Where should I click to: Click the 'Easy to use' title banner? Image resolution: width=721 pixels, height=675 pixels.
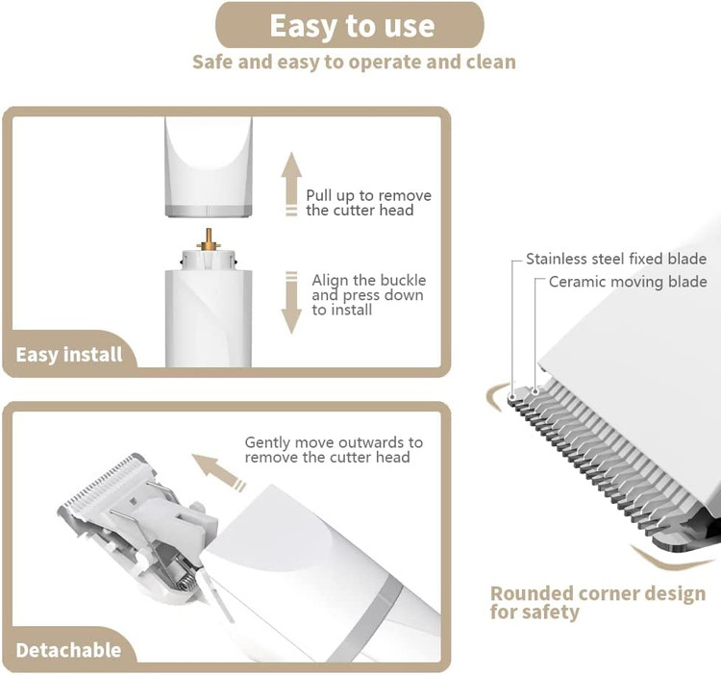[x=350, y=25]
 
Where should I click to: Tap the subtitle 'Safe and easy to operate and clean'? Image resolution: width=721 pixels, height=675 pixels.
[x=354, y=62]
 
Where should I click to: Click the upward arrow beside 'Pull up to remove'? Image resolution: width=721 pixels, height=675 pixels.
[x=291, y=184]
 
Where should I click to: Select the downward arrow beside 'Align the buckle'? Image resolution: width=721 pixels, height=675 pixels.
[x=291, y=303]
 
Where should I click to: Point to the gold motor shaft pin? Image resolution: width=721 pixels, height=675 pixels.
[x=209, y=239]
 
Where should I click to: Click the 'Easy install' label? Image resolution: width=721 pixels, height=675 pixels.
[x=69, y=355]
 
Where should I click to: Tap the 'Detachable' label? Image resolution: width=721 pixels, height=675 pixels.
[x=68, y=650]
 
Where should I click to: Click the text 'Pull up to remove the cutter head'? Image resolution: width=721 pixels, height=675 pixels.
[x=369, y=203]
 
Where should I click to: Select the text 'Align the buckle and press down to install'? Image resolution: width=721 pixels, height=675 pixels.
[x=369, y=295]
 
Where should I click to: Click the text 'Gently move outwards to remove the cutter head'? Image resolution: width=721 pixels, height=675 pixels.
[x=334, y=450]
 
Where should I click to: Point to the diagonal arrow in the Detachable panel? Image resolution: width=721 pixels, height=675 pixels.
[x=218, y=472]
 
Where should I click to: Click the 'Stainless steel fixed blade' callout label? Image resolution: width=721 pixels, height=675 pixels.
[x=616, y=259]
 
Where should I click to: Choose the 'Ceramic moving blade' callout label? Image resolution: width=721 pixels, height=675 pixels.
[x=628, y=282]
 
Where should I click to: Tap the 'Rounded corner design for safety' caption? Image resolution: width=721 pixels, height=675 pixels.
[x=598, y=602]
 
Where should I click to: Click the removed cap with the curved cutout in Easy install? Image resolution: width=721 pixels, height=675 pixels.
[x=209, y=166]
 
